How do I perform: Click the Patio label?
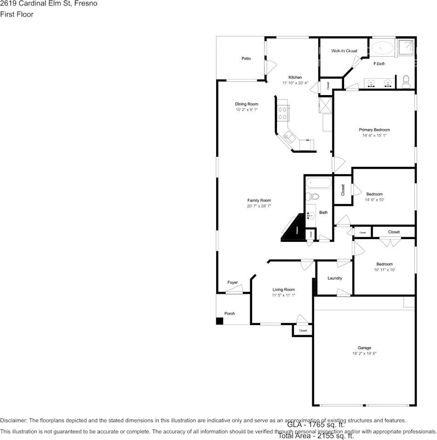tap(246, 58)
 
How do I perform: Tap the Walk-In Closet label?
tap(344, 51)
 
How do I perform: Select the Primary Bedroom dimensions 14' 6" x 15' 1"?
tap(374, 136)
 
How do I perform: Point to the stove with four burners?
tap(282, 113)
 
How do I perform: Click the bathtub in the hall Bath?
tap(318, 183)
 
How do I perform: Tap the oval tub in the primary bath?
tap(382, 48)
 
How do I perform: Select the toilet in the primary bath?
tap(406, 82)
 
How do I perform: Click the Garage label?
tap(364, 348)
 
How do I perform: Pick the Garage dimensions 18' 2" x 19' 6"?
tap(364, 354)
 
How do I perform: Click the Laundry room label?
tap(334, 278)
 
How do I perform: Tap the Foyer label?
tap(232, 282)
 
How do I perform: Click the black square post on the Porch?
tap(220, 321)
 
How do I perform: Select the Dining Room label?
tap(247, 104)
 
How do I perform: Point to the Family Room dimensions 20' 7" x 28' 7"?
tap(259, 206)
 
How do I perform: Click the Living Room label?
tap(283, 289)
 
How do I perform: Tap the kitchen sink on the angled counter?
tap(289, 137)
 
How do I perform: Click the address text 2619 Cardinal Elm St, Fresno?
tap(48, 4)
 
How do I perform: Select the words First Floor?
tap(17, 14)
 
